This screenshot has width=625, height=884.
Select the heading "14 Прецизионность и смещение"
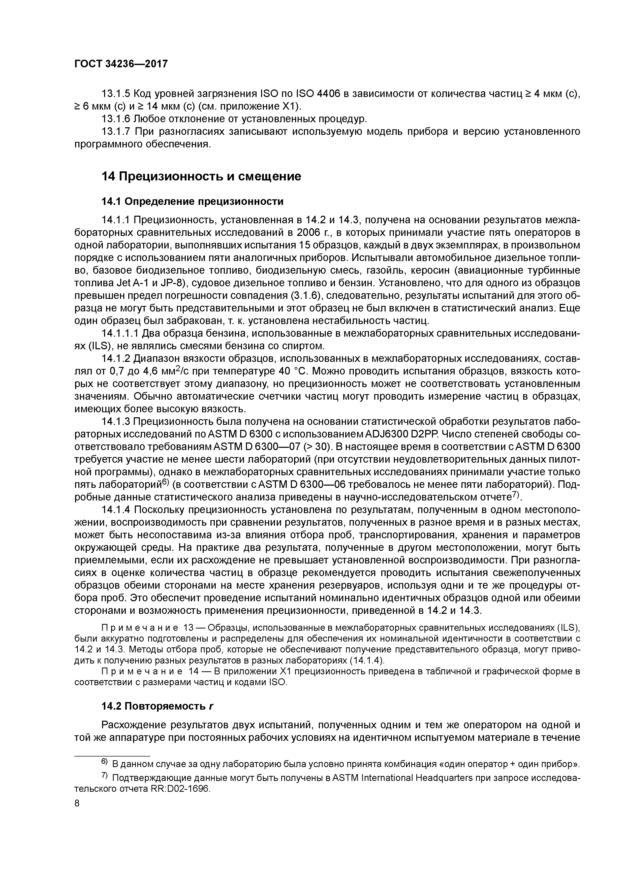(201, 177)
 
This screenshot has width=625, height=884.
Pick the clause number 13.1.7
(115, 132)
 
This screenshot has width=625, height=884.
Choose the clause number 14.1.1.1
(120, 333)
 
